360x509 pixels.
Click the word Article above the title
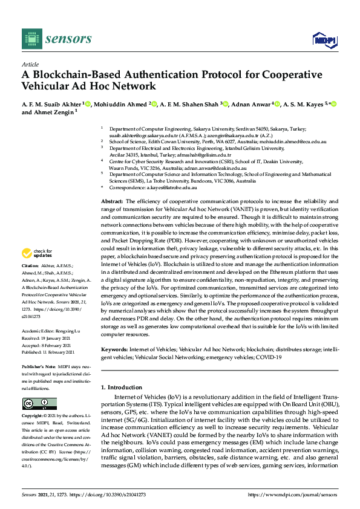30,64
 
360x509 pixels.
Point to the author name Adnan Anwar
250,104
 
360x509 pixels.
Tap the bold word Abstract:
112,201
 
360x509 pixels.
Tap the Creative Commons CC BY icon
39,403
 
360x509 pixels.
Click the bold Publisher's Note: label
38,367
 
